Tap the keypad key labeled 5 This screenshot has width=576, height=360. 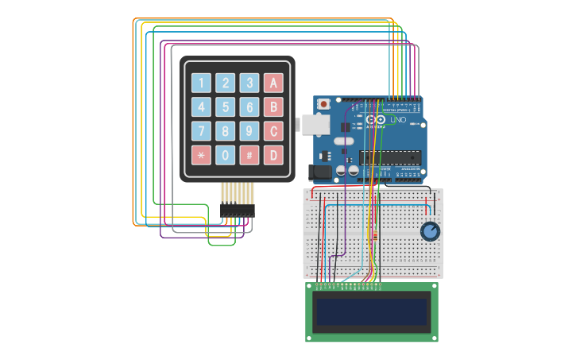coord(226,107)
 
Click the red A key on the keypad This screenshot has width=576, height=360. coord(273,83)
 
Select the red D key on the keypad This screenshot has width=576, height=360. coord(273,155)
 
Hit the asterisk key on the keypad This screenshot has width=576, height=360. coord(201,155)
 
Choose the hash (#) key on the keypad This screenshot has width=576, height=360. coord(249,155)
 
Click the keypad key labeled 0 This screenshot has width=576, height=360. coord(226,155)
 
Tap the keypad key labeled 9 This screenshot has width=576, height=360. coord(249,131)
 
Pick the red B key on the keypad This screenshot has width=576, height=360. coord(273,107)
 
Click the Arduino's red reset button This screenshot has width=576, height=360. coord(324,104)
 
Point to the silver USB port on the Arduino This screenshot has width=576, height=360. coord(308,123)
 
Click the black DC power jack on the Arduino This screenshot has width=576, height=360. coord(319,171)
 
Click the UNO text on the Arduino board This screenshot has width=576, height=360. coord(398,120)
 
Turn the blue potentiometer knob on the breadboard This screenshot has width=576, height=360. coord(430,231)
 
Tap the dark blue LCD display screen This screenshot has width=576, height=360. coord(372,312)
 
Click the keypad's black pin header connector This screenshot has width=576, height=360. coord(237,210)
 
